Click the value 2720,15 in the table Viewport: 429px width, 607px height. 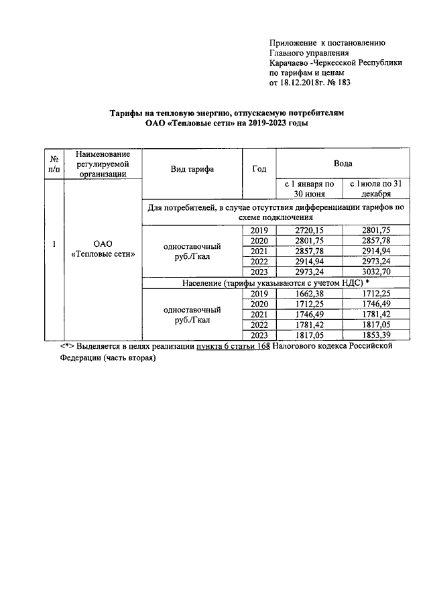[x=309, y=230]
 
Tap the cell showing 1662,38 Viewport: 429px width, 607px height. [x=309, y=294]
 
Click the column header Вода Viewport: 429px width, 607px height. [x=343, y=163]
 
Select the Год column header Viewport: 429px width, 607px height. [x=259, y=169]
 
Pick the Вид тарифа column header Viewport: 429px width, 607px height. [x=192, y=169]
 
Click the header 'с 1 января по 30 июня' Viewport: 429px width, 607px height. [x=309, y=188]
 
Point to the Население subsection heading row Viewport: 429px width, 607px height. [x=275, y=284]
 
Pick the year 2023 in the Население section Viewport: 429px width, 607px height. [x=259, y=335]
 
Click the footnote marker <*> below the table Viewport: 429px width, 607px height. [x=66, y=347]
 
